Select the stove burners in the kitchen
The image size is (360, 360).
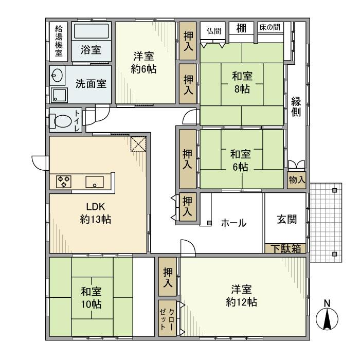pos(64,181)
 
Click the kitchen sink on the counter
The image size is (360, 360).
pos(95,182)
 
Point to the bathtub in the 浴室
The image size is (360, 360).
pos(91,31)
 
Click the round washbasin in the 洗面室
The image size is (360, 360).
pos(57,76)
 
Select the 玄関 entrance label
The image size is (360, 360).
pos(286,219)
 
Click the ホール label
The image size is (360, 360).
pos(233,223)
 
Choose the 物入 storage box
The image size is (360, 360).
pos(297,180)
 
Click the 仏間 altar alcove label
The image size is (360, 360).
pos(213,30)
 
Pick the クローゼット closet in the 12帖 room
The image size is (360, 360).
pos(168,318)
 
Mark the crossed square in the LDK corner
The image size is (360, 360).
pos(138,145)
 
